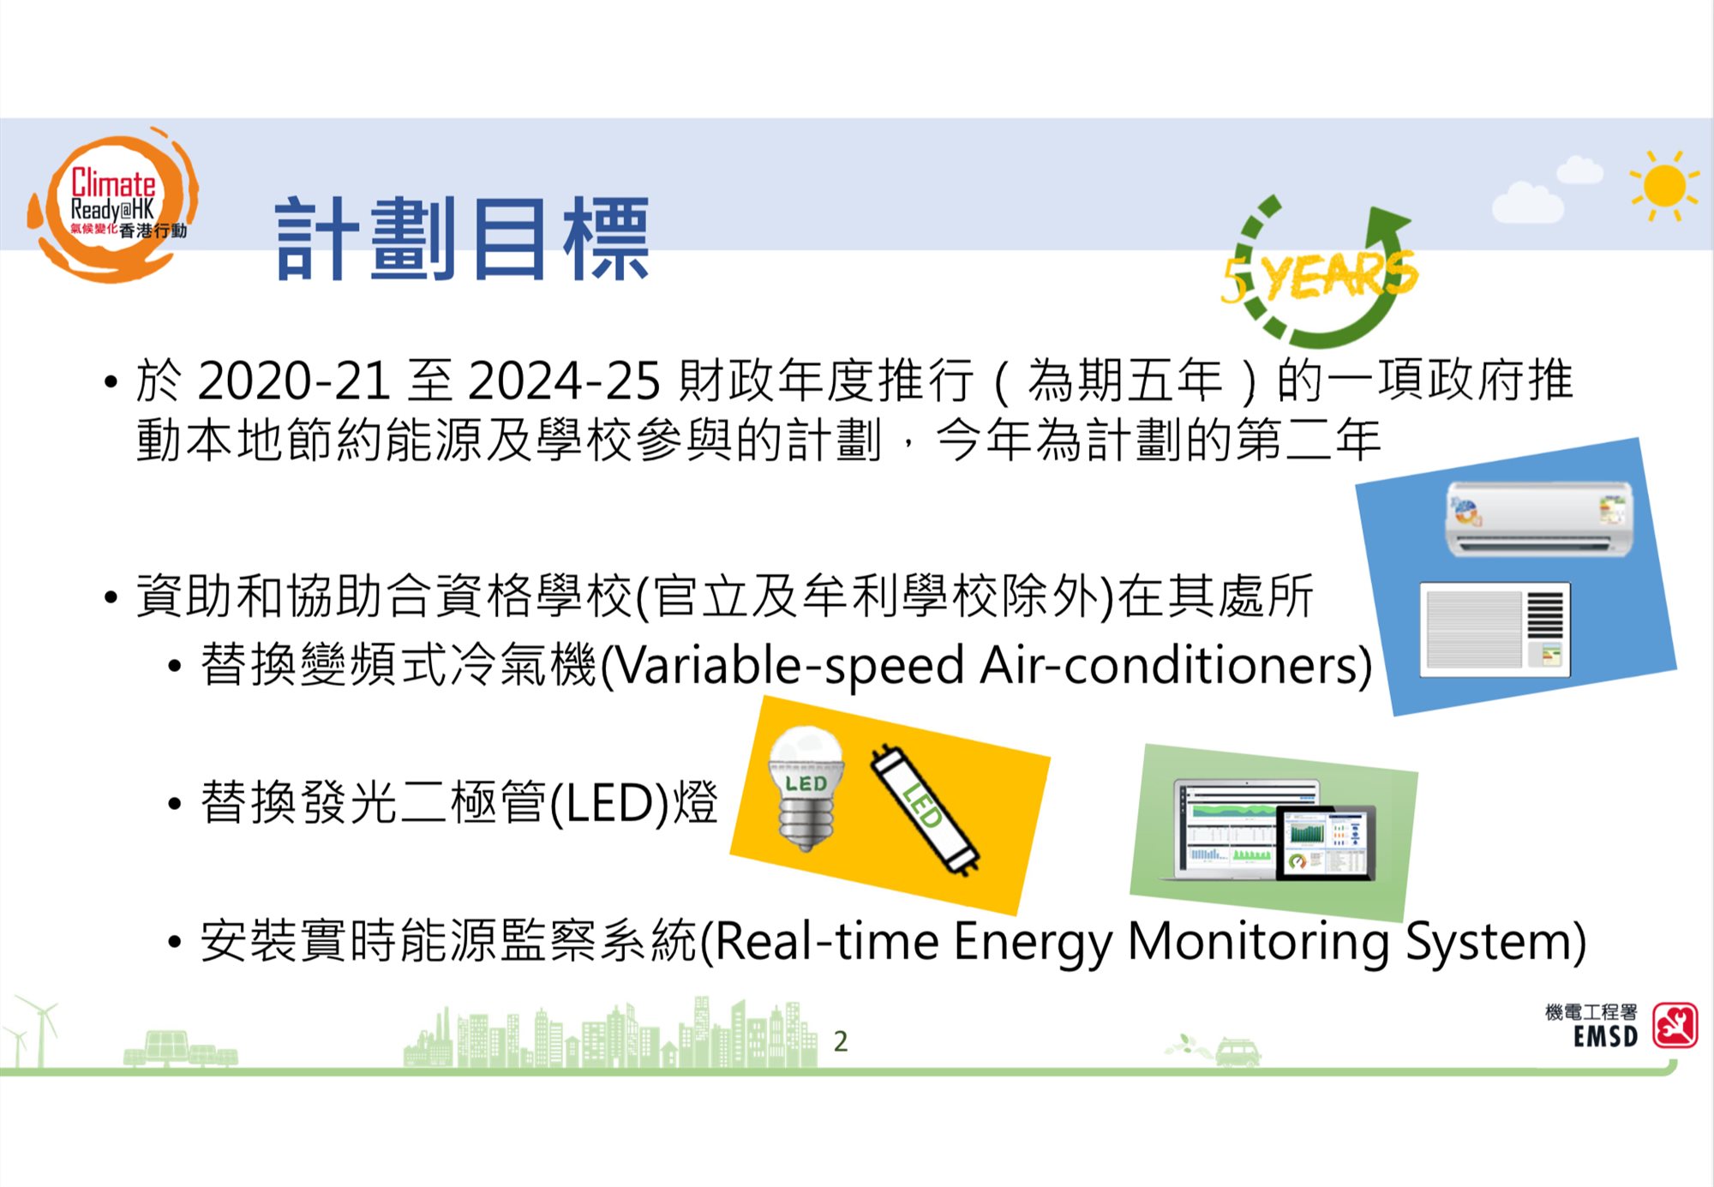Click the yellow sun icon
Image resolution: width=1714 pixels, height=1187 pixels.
tap(1664, 185)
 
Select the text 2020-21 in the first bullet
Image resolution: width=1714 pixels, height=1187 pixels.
tap(294, 381)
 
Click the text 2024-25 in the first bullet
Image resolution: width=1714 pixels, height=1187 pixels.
tap(565, 381)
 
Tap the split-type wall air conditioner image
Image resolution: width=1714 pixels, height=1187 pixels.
tap(1539, 518)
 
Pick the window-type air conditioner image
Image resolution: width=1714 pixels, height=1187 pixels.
tap(1495, 630)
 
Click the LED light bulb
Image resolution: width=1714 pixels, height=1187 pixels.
tap(805, 788)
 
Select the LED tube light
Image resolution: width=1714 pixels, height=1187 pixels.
tap(925, 810)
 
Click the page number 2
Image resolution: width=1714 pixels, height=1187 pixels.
tap(841, 1041)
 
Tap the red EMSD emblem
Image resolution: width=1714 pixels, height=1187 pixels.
tap(1675, 1025)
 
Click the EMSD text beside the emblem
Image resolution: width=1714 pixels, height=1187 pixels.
tap(1605, 1037)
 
